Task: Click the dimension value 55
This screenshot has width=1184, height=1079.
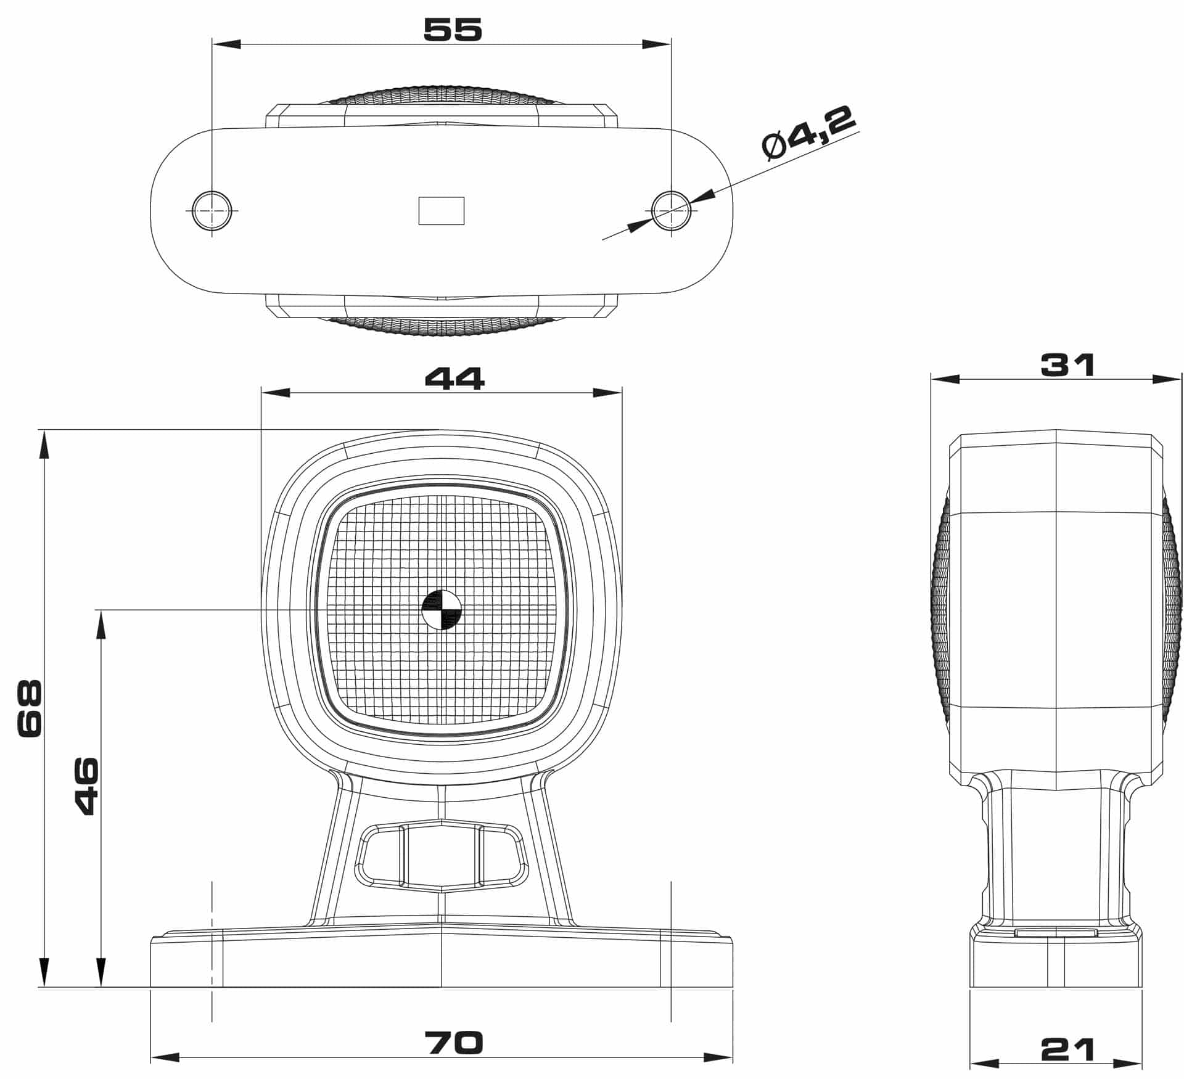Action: (453, 30)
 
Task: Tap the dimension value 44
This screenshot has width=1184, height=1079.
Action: (455, 378)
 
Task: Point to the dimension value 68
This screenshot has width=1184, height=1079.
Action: (30, 708)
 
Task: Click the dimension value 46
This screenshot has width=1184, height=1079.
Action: (86, 786)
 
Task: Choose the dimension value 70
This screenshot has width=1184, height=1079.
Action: (454, 1043)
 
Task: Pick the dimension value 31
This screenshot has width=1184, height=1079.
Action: (1067, 365)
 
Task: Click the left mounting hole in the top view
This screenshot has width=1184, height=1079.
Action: (212, 210)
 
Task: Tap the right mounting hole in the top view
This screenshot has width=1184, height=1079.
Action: (671, 210)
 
